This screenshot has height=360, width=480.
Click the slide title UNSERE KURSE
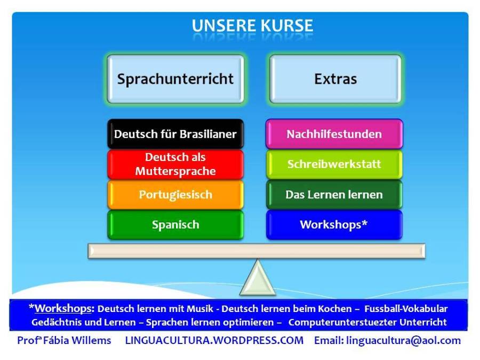pos(252,26)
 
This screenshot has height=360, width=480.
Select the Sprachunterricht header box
pos(175,79)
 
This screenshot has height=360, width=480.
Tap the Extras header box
pos(335,79)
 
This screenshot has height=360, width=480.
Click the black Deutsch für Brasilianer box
pos(175,134)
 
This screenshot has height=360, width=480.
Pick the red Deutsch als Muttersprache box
pos(175,164)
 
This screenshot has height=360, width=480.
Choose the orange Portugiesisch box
pos(175,195)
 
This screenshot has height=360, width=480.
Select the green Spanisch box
pos(175,225)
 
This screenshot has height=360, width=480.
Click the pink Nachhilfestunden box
pos(334,134)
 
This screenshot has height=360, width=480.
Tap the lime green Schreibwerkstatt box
pos(334,164)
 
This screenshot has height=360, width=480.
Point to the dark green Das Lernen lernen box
pos(334,195)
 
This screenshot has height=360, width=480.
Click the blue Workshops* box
pos(334,225)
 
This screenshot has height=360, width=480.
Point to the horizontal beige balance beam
pos(257,251)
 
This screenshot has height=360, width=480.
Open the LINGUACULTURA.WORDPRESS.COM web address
pos(214,340)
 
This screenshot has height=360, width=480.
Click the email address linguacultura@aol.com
pos(403,340)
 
